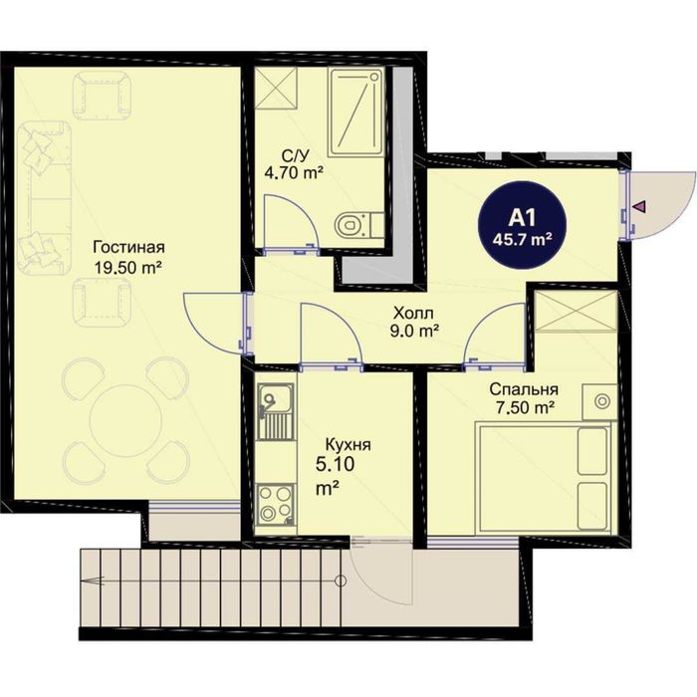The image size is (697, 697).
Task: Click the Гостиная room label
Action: point(128,247)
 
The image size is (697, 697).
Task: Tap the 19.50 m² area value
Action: point(127,268)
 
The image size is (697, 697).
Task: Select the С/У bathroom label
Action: point(295,155)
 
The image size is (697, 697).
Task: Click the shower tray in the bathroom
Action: point(355,112)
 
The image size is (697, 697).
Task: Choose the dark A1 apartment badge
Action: point(523,227)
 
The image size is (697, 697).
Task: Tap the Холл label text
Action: point(413,314)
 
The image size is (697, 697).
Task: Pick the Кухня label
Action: point(348,444)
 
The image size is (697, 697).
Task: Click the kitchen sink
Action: point(276,411)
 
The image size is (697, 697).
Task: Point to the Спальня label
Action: point(524,389)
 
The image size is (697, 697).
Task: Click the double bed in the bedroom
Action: point(543,477)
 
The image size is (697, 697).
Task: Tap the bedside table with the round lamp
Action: point(599,401)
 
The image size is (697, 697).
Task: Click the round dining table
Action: point(122,420)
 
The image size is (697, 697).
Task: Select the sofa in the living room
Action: point(45,197)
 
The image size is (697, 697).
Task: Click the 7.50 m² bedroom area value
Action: point(524,407)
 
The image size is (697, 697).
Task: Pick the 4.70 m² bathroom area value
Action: point(293,172)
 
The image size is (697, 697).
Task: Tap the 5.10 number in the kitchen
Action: point(335,465)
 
